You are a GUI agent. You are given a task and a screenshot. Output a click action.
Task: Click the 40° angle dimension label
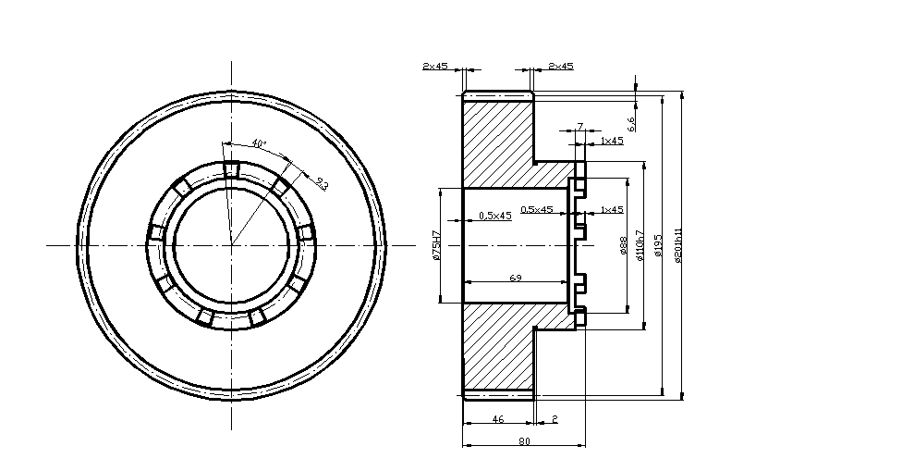click(x=259, y=143)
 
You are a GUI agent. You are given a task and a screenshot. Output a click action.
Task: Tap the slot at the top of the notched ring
click(x=231, y=169)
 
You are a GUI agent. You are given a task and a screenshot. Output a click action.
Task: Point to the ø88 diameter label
click(x=624, y=245)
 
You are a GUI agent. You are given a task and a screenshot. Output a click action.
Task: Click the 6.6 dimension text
click(x=631, y=124)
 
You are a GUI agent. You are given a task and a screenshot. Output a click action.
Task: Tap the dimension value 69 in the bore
click(x=516, y=277)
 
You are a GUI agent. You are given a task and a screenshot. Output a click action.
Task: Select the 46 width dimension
click(x=497, y=419)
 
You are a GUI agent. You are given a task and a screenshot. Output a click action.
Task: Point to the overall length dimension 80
click(x=524, y=441)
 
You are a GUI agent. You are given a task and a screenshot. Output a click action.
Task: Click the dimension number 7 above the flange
click(x=579, y=126)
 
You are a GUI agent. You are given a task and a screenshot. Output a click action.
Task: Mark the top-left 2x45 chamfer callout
click(x=435, y=66)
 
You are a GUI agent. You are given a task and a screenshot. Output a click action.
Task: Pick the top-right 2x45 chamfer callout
click(x=561, y=66)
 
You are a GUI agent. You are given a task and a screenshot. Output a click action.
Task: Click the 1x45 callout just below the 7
click(x=611, y=141)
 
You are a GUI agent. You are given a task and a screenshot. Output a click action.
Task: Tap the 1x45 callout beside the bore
click(x=611, y=210)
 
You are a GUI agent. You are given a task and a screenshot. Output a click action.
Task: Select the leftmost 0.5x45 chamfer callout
click(x=495, y=216)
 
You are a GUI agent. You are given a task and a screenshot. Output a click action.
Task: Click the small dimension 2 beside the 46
click(x=555, y=419)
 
